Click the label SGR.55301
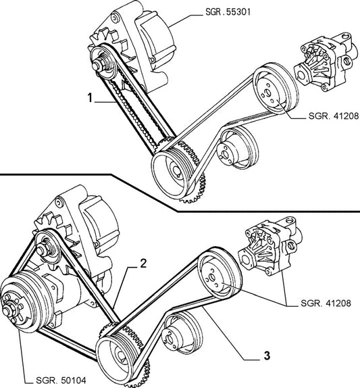point(228,11)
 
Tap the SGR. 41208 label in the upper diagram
point(334,116)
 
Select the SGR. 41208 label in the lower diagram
point(326,303)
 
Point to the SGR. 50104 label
point(61,380)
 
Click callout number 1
point(90,97)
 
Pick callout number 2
point(143,264)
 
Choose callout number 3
point(267,356)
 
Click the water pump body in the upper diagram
point(326,62)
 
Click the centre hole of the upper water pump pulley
point(267,93)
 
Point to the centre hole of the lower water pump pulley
point(212,277)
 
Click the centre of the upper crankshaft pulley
point(177,171)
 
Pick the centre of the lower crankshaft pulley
point(122,357)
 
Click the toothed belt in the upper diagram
point(134,109)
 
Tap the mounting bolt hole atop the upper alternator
point(114,18)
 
